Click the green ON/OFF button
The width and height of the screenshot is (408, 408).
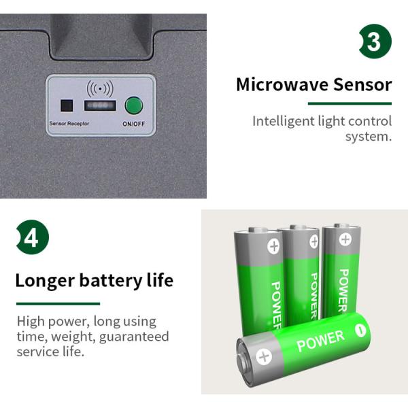(x=134, y=105)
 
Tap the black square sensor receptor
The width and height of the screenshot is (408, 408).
(x=67, y=105)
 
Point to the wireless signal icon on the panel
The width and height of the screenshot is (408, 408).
(x=100, y=88)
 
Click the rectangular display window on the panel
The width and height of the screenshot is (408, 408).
(x=100, y=105)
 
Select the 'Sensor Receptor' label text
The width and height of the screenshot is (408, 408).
(x=69, y=123)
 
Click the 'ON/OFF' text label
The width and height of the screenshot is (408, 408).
(x=134, y=124)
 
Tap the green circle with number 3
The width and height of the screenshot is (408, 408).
(x=375, y=41)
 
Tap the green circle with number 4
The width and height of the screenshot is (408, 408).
(x=33, y=237)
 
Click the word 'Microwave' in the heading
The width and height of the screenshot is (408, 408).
(x=283, y=85)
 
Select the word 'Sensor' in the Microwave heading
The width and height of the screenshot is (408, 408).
(x=362, y=85)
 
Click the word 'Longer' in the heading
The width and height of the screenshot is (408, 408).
(x=45, y=281)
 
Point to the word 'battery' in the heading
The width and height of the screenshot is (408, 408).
(x=111, y=281)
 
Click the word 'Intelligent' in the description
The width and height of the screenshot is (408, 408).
(x=284, y=122)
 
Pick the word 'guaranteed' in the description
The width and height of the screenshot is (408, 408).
(x=134, y=337)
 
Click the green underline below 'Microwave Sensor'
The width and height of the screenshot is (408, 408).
(x=350, y=103)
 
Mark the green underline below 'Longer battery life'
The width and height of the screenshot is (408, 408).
(x=58, y=304)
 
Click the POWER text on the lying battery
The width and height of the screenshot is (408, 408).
(x=320, y=341)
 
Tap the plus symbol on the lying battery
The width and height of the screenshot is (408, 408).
(x=264, y=356)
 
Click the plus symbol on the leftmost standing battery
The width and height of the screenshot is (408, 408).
(x=274, y=246)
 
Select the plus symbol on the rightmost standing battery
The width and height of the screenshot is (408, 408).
(x=345, y=239)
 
